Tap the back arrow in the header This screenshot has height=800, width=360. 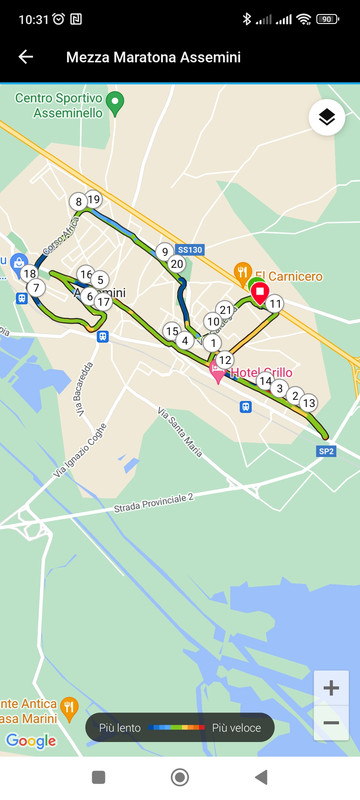[x=26, y=57]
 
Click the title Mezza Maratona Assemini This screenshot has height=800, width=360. [x=153, y=57]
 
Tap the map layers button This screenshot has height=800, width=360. [x=325, y=118]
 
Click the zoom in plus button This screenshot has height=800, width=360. [x=331, y=688]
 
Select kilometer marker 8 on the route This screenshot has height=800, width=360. [x=78, y=202]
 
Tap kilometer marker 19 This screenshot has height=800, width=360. [x=94, y=199]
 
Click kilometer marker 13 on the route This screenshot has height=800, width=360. [x=309, y=403]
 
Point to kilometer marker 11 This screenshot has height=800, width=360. [x=275, y=304]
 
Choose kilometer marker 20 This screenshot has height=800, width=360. [x=177, y=264]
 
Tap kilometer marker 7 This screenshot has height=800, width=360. [x=37, y=288]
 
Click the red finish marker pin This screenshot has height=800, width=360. [x=259, y=292]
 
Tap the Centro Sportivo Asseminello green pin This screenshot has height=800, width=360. [x=115, y=101]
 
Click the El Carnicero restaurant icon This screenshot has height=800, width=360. [x=242, y=271]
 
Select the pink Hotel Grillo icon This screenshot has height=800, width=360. [x=217, y=373]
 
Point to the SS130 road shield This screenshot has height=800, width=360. [x=189, y=249]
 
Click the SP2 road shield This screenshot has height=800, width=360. [x=326, y=451]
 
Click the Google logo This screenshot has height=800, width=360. [x=31, y=740]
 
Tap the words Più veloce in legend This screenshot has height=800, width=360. [x=236, y=727]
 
